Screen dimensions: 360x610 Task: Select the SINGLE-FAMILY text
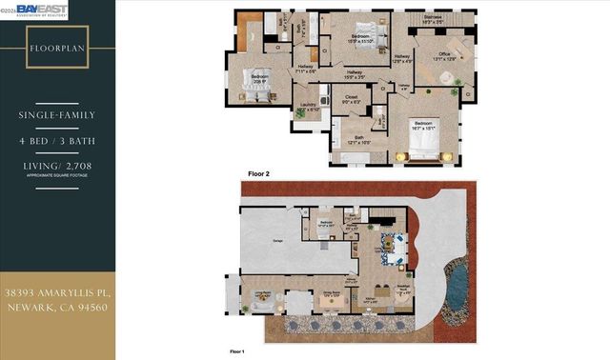(57, 116)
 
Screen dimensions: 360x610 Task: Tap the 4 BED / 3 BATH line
(57, 142)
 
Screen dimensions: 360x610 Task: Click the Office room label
(443, 55)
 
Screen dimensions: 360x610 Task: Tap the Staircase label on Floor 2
(433, 17)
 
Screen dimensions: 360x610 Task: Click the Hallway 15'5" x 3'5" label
(354, 74)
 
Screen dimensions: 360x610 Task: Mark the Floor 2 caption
(259, 174)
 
